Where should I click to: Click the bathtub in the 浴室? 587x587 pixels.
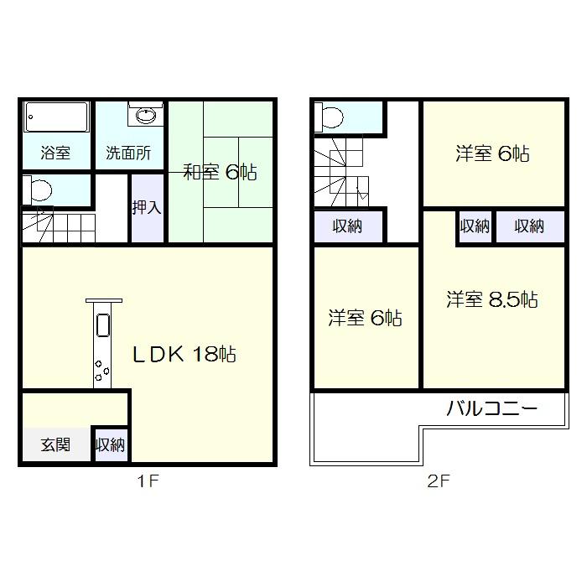pos(57,117)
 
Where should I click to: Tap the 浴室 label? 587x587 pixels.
pos(56,153)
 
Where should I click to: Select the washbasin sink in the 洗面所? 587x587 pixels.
pos(147,116)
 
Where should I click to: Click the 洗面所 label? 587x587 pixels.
pos(128,153)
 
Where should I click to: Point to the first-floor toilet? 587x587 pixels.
pos(39,189)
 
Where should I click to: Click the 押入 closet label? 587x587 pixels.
pos(147,207)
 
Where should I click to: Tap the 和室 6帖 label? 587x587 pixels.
pos(220,173)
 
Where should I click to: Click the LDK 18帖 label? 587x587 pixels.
pos(184,354)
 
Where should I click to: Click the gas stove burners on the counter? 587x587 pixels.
pos(102,370)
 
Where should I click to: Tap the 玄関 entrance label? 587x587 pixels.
pos(55,444)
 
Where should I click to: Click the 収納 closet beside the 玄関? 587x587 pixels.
pos(110,444)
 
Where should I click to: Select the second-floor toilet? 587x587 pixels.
pos(330,117)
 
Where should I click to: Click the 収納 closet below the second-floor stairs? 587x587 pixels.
pos(347,226)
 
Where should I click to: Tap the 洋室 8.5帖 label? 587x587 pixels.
pos(491,299)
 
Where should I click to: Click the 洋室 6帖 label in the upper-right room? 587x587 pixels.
pos(492,153)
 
